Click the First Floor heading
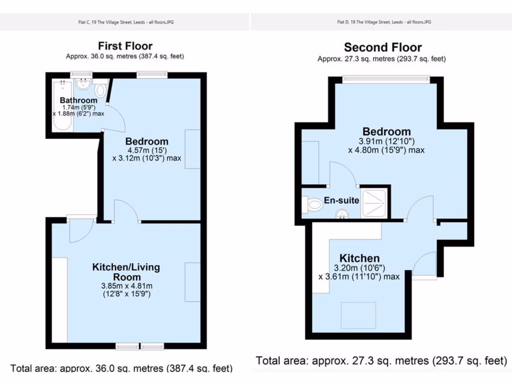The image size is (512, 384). tap(125, 46)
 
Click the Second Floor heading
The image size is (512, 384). tap(382, 47)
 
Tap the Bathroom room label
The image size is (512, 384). tap(78, 100)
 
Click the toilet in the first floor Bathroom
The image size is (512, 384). tap(100, 90)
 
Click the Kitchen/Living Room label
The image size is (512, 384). tap(126, 272)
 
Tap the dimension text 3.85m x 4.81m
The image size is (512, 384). tap(126, 286)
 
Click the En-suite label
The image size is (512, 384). tap(341, 200)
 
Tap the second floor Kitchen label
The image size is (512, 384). tap(359, 258)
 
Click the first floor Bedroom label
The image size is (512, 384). tap(146, 141)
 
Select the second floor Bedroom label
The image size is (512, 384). tap(386, 132)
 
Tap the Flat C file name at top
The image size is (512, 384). tap(125, 22)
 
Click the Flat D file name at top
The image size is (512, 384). tap(383, 22)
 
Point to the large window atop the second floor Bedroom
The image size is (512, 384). tap(386, 78)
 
